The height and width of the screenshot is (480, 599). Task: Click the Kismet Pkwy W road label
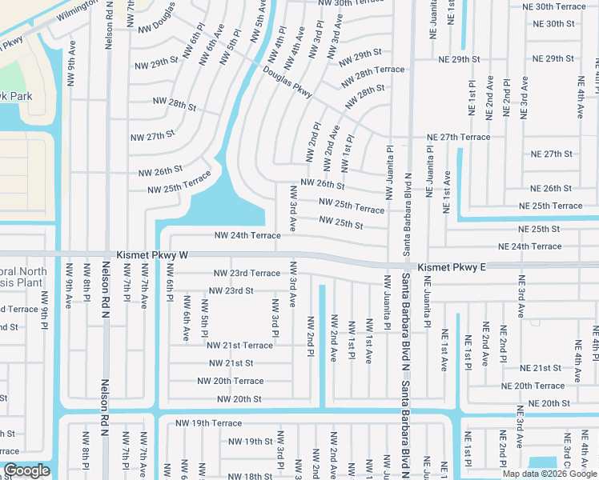point(152,254)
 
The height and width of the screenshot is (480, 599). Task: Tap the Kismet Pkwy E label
point(452,266)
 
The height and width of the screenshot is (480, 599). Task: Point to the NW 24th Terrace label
point(247,235)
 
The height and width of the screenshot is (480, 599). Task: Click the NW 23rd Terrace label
point(247,273)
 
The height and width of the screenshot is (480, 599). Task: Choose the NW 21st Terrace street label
point(239,345)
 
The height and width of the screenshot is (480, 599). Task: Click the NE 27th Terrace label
point(458,137)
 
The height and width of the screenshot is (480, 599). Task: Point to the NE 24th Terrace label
point(529,246)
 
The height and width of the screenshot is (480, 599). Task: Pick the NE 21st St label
point(541,368)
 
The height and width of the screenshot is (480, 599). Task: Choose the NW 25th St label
point(341,222)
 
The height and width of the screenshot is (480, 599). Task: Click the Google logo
point(26,470)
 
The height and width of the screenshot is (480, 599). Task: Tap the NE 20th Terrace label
point(533,386)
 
